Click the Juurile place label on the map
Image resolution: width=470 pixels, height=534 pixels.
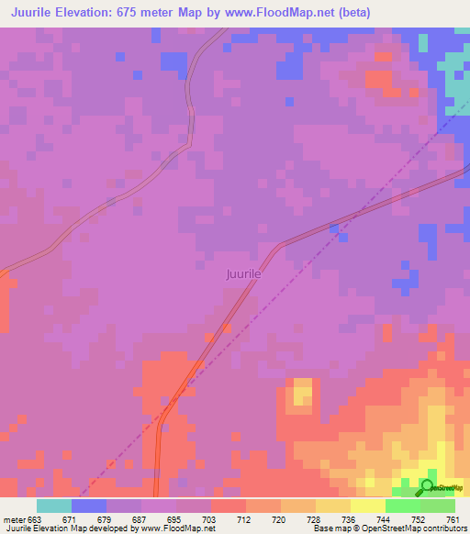pyautogui.click(x=244, y=273)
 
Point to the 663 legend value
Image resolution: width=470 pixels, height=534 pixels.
pyautogui.click(x=35, y=519)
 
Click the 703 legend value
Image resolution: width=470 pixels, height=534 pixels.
pyautogui.click(x=210, y=519)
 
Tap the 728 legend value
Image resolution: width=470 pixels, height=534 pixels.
pyautogui.click(x=315, y=519)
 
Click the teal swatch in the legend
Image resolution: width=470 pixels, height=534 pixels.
pyautogui.click(x=54, y=506)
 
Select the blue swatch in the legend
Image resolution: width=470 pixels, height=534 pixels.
pyautogui.click(x=89, y=506)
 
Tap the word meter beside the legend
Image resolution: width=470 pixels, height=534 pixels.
pyautogui.click(x=12, y=519)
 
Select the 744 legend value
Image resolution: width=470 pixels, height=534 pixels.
pyautogui.click(x=385, y=519)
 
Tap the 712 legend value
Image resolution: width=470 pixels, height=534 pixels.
pyautogui.click(x=245, y=519)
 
